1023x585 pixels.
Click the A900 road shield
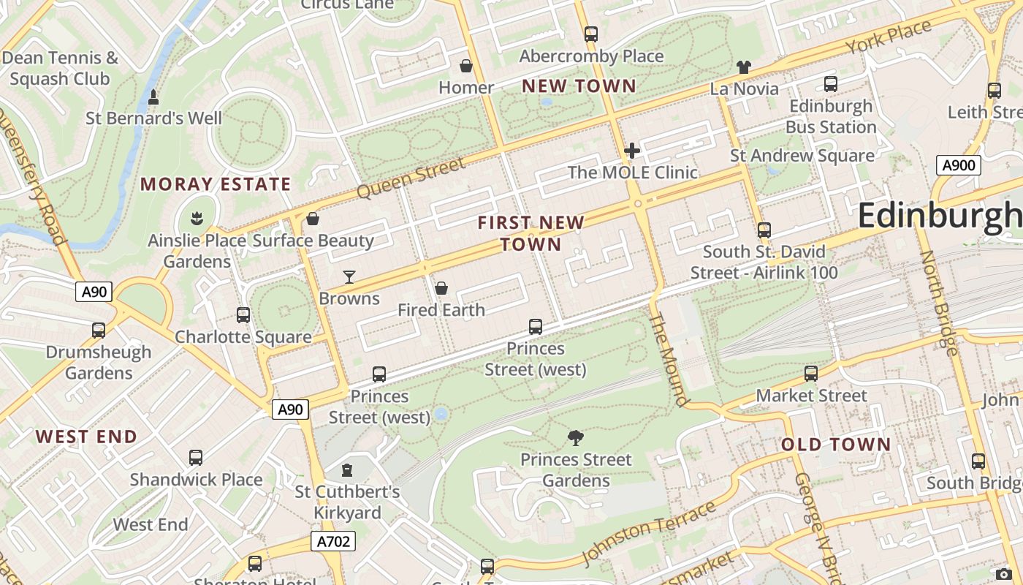tap(958, 165)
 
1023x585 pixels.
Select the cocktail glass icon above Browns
tap(349, 276)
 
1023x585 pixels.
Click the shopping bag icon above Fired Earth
tap(441, 288)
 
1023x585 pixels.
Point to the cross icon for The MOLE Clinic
tap(632, 151)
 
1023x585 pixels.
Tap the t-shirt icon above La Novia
tap(744, 67)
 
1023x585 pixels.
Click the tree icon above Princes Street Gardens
tap(576, 438)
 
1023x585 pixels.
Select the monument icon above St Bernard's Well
tap(153, 97)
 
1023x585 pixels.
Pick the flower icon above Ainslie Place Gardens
tap(197, 218)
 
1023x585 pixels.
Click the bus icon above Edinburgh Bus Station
tap(830, 84)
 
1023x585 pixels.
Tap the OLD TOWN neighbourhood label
tap(836, 445)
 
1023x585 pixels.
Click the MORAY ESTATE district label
tap(216, 184)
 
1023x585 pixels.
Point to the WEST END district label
tap(86, 437)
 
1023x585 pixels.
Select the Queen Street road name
tap(411, 178)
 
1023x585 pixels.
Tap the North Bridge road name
tap(938, 303)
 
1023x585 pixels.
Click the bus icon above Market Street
tap(810, 374)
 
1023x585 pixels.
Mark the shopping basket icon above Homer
tap(465, 67)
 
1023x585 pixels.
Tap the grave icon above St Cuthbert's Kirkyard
tap(347, 469)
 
